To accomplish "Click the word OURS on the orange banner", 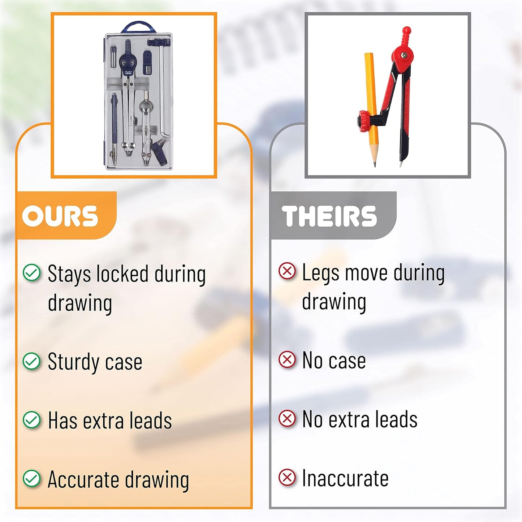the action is pyautogui.click(x=60, y=216).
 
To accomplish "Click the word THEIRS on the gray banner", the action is pyautogui.click(x=329, y=216).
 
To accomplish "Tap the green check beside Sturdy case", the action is pyautogui.click(x=32, y=361).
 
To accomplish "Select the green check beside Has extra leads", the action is pyautogui.click(x=32, y=420).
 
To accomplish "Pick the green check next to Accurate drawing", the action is pyautogui.click(x=32, y=478).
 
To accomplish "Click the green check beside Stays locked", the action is pyautogui.click(x=32, y=272).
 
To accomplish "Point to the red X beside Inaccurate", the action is pyautogui.click(x=287, y=477).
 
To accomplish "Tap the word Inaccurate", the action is pyautogui.click(x=345, y=478).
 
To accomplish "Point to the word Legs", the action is pyautogui.click(x=320, y=273).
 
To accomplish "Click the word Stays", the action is pyautogui.click(x=69, y=275).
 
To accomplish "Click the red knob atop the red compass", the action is pyautogui.click(x=406, y=36).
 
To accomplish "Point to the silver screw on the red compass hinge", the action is pyautogui.click(x=405, y=55).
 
